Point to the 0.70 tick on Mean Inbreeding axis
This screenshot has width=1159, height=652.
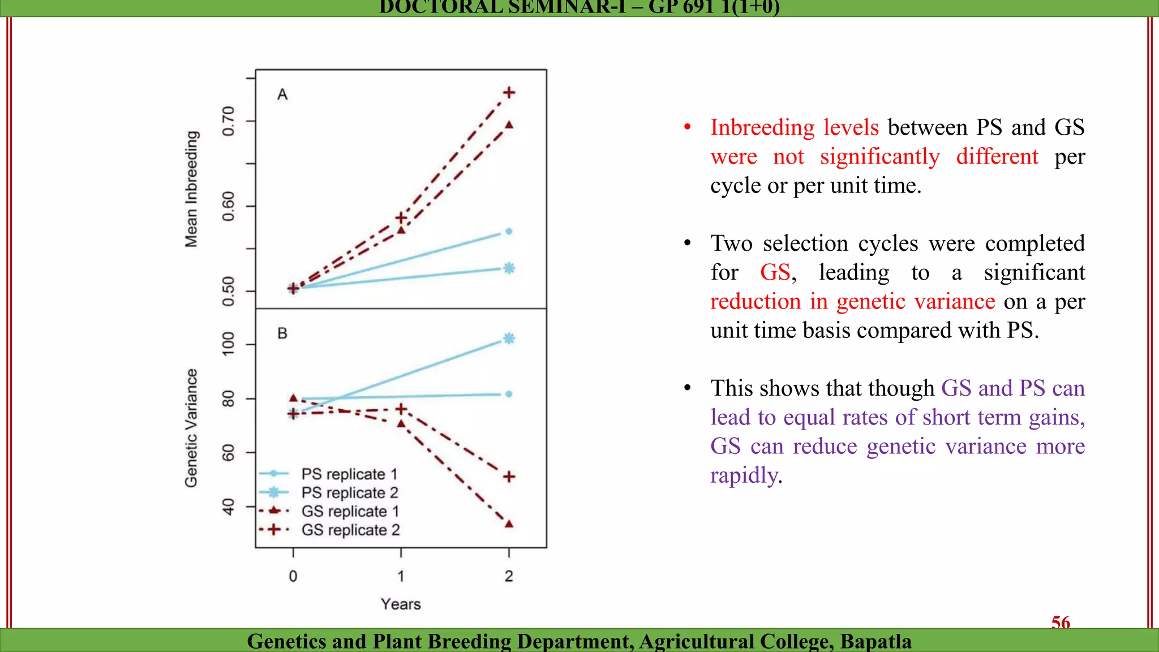[228, 121]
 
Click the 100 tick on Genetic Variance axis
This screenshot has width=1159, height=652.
[228, 344]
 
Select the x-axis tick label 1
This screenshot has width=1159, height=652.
[401, 576]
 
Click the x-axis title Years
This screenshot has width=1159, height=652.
[401, 604]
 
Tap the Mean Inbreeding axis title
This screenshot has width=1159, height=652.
[192, 189]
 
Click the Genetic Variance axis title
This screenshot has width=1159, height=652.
[192, 428]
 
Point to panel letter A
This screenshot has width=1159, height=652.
[282, 95]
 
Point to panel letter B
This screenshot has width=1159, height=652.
[282, 333]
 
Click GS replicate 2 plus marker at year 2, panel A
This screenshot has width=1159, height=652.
[509, 92]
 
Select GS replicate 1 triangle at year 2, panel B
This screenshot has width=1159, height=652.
[509, 524]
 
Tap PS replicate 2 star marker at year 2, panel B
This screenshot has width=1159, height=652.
[509, 338]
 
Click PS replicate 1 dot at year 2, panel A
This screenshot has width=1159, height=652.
[509, 231]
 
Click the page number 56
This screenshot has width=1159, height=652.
[1061, 623]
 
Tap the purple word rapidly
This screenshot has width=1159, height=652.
[744, 475]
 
